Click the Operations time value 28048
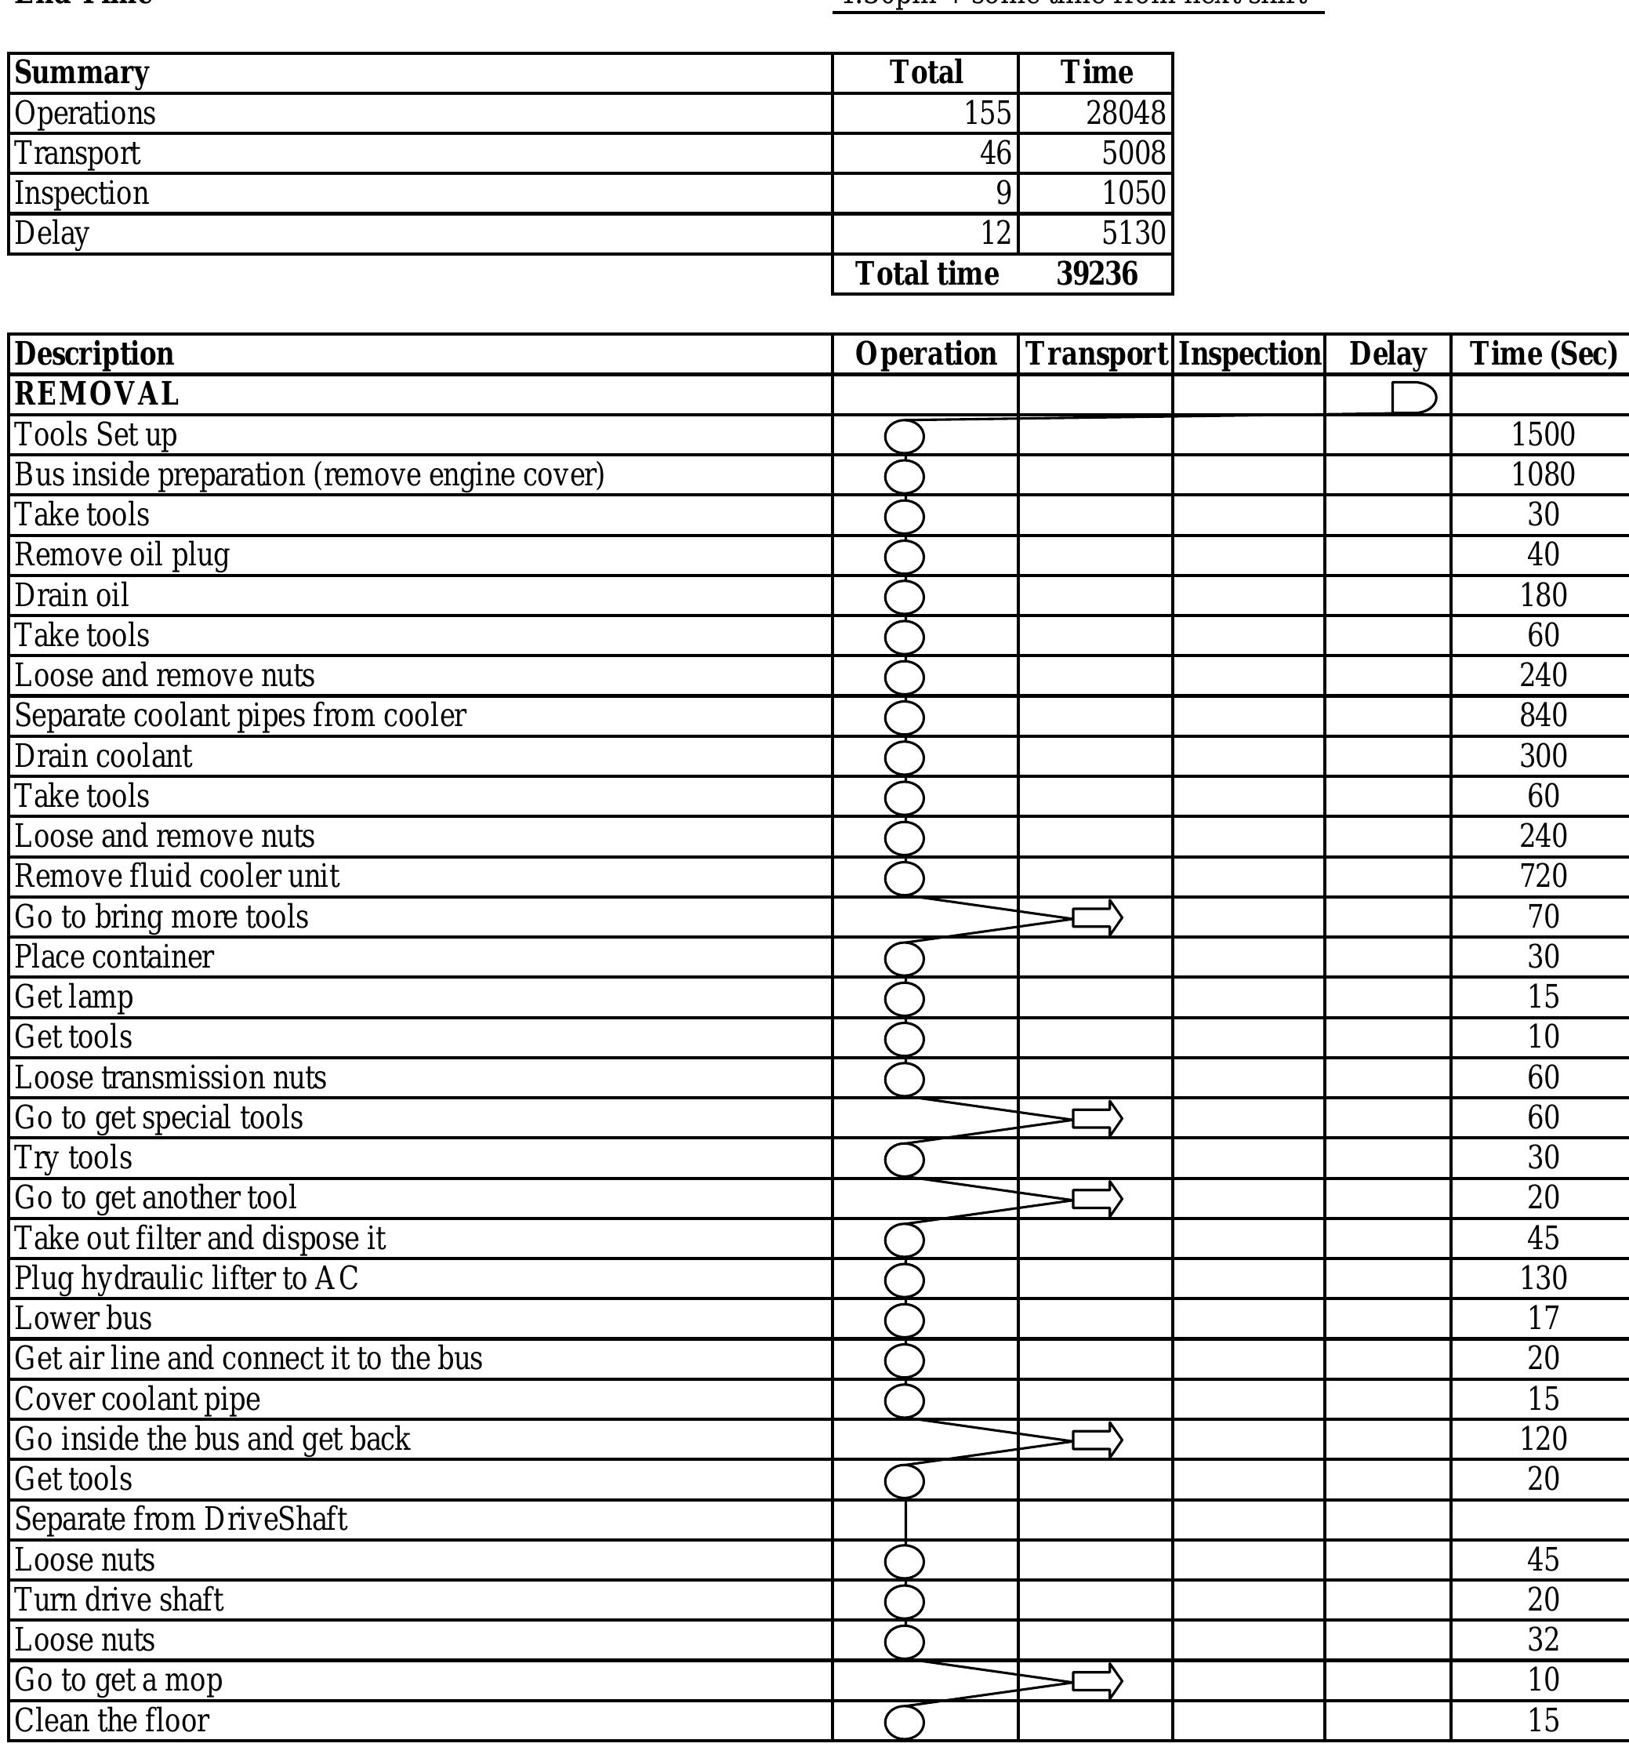click(x=1125, y=114)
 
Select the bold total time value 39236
click(x=1097, y=274)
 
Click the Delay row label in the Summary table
click(x=52, y=234)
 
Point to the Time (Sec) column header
click(x=1543, y=354)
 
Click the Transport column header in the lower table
click(x=1096, y=354)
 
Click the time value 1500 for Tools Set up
click(x=1543, y=435)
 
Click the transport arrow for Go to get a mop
click(x=1097, y=1681)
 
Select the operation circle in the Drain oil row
click(x=904, y=597)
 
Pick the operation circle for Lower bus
click(x=904, y=1320)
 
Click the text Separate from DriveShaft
click(x=181, y=1520)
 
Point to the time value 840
click(x=1543, y=716)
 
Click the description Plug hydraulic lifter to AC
click(x=187, y=1279)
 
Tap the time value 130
click(x=1543, y=1279)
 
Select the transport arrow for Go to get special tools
click(x=1097, y=1119)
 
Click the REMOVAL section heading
click(x=96, y=394)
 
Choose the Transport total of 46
click(x=996, y=154)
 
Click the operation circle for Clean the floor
click(x=904, y=1723)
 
